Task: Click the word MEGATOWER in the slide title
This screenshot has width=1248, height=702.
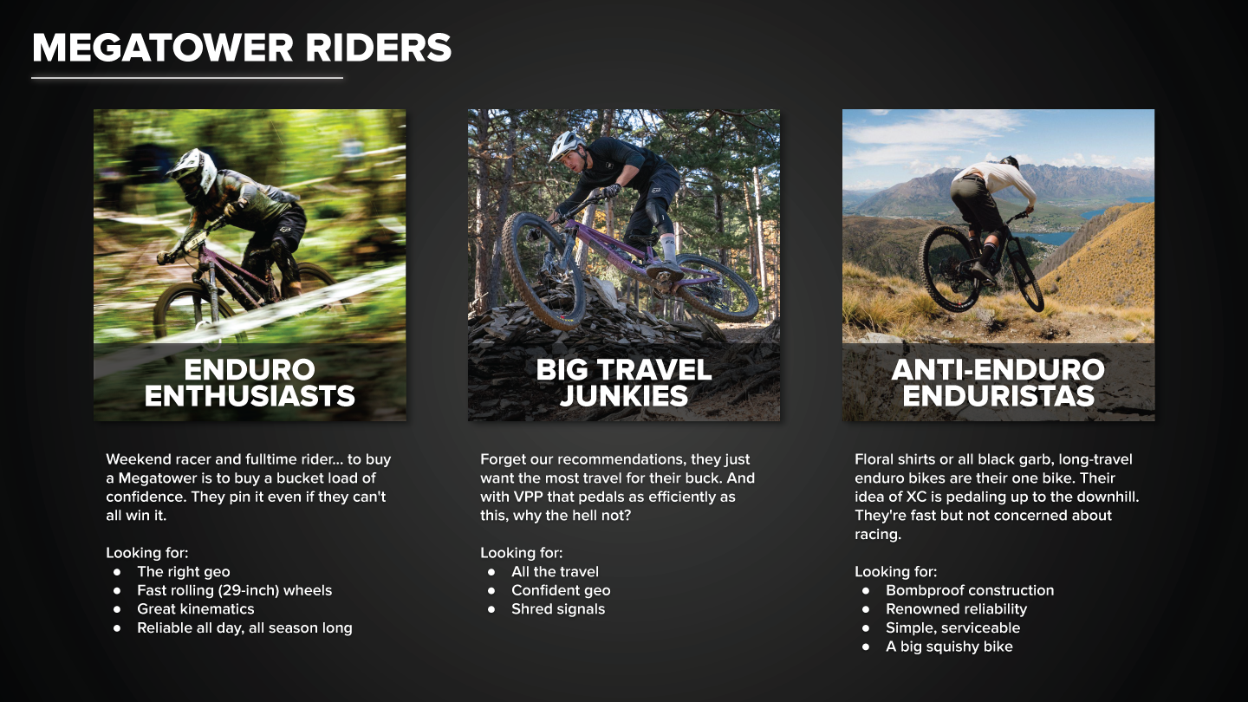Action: tap(163, 48)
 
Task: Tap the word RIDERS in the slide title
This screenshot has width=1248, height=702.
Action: tap(378, 48)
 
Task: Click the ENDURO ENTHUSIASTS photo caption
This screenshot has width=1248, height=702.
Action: tap(250, 383)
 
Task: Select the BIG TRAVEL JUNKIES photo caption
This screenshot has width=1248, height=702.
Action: tap(624, 383)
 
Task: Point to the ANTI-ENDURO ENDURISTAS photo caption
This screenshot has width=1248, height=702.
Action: tap(998, 383)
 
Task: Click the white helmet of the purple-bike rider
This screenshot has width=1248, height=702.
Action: tap(566, 144)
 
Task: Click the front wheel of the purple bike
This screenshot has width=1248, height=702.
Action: tap(543, 270)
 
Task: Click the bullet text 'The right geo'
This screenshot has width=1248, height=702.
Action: tap(184, 572)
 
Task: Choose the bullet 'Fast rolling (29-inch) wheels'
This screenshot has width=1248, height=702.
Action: tap(235, 590)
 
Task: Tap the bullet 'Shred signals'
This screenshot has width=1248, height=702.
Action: tap(558, 609)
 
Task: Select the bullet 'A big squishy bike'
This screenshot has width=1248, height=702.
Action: tap(949, 647)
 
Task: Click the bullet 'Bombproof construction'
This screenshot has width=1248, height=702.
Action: tap(970, 590)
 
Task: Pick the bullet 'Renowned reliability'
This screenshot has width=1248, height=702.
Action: tap(957, 609)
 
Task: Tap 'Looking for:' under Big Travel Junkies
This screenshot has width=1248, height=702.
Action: tap(522, 553)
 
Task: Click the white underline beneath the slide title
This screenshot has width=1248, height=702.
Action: tap(187, 78)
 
